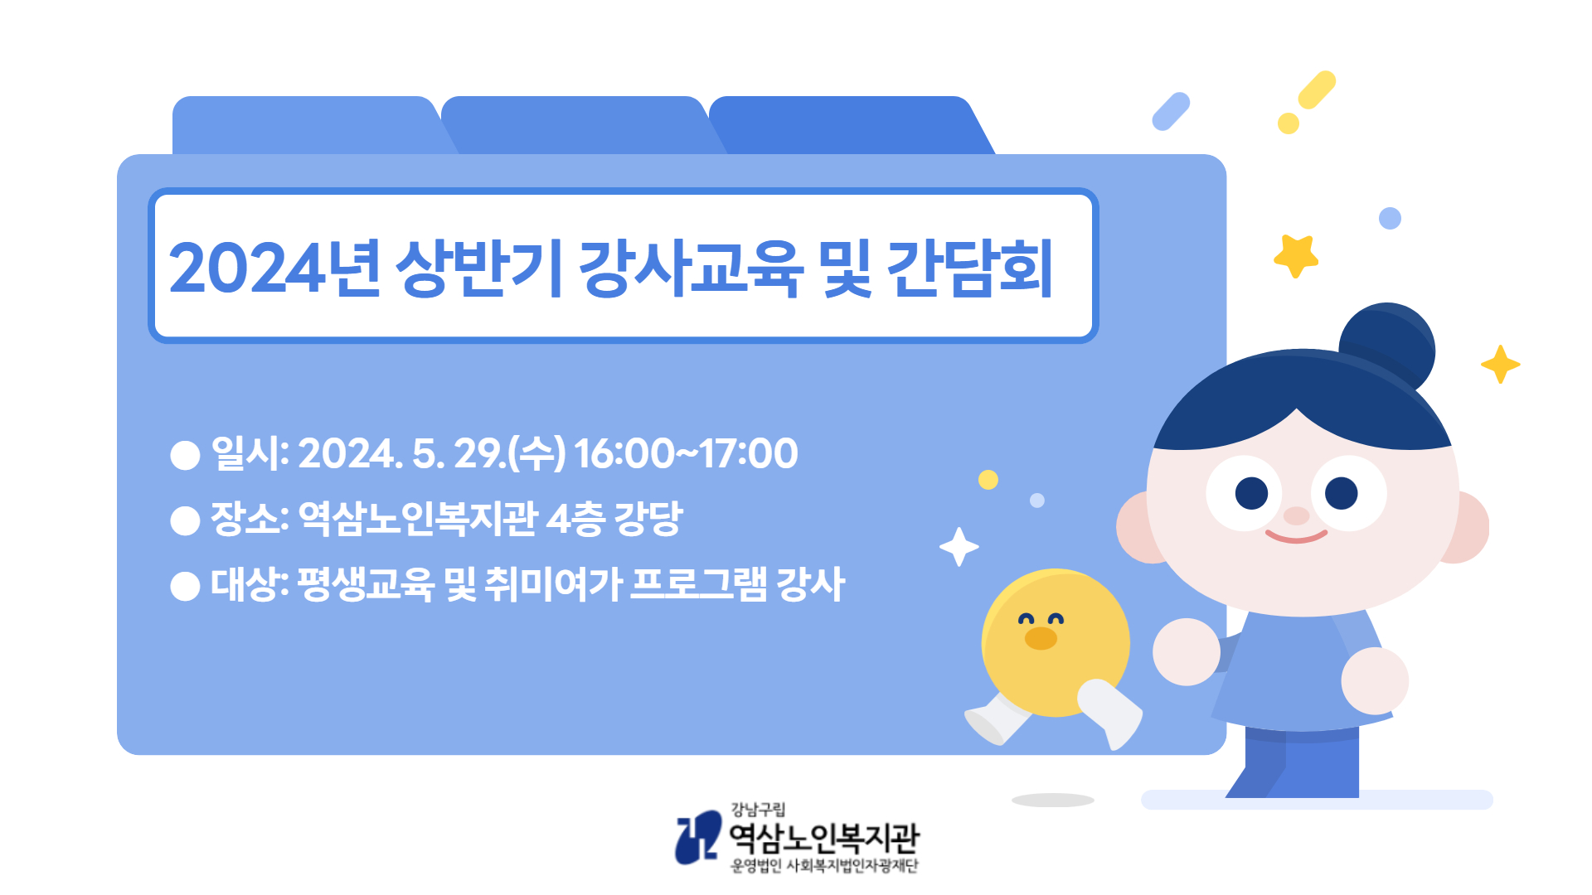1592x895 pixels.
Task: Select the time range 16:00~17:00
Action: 686,453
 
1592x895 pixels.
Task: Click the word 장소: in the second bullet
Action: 250,519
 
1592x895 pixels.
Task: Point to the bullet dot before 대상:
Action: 185,586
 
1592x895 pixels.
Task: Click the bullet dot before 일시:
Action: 185,455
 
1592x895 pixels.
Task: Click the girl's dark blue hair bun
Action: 1388,344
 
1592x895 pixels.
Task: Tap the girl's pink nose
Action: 1296,515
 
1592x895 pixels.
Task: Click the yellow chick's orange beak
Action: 1041,638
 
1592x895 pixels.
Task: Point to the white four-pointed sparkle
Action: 959,547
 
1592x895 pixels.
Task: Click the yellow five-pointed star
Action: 1296,255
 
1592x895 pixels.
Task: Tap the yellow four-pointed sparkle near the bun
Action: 1500,364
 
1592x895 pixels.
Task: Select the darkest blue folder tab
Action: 850,125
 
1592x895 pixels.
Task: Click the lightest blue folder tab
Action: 311,125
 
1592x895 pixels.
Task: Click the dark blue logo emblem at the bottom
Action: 697,837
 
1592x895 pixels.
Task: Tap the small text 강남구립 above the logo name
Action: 757,810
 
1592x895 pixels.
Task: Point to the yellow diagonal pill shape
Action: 1317,89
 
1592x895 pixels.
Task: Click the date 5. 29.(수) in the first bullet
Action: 489,453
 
